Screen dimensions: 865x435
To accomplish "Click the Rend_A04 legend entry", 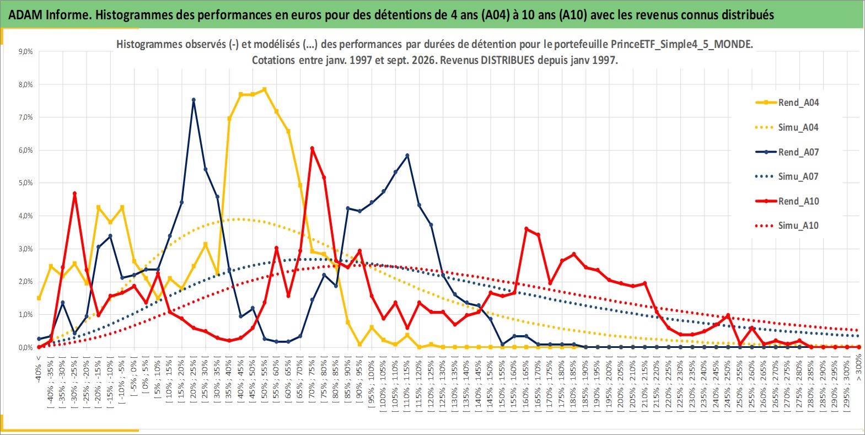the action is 787,103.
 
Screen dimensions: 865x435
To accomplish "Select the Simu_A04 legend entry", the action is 787,127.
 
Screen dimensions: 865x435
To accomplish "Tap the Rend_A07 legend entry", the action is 787,152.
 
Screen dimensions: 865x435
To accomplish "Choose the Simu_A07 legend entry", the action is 787,176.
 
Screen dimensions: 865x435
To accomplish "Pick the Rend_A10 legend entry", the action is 787,201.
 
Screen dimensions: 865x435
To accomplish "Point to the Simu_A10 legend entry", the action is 787,225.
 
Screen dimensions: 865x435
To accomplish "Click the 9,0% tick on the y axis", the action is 25,51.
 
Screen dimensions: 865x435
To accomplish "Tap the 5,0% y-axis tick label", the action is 25,182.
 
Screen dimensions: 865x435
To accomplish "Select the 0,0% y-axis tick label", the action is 25,348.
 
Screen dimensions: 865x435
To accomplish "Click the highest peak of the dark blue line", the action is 194,100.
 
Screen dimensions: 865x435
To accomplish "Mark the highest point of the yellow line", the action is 265,89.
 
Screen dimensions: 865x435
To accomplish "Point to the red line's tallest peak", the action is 312,148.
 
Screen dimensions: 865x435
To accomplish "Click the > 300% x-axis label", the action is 858,369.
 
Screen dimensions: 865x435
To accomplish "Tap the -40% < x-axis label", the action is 38,369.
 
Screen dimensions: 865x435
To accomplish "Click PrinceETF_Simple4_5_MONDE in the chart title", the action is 681,44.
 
